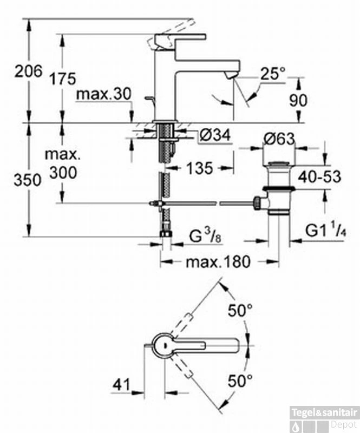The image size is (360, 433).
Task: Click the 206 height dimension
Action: tap(29, 71)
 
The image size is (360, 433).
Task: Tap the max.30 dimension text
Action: tap(103, 94)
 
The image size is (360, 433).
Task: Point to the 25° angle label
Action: tap(272, 74)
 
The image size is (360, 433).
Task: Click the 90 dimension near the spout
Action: tap(299, 100)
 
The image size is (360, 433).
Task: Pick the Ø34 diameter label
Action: tap(214, 135)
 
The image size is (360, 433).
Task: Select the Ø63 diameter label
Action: tap(279, 140)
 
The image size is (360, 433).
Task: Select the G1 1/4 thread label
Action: tap(324, 230)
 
